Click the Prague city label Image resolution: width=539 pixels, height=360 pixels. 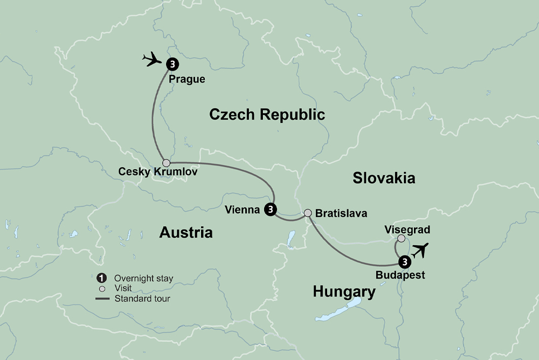(187, 79)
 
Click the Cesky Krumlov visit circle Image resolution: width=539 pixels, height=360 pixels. (167, 163)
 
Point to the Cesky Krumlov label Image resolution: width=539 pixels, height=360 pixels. (150, 173)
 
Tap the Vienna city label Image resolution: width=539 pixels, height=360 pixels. (243, 210)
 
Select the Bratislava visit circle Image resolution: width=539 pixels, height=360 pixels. (308, 213)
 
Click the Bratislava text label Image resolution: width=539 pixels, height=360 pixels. (342, 213)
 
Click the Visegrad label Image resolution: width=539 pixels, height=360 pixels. (407, 230)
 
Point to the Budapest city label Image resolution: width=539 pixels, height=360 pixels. (401, 275)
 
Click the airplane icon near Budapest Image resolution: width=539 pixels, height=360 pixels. (420, 250)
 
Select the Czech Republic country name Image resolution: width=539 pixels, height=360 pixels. (267, 114)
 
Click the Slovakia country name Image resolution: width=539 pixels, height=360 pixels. (384, 178)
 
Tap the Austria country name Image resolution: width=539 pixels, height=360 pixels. (186, 232)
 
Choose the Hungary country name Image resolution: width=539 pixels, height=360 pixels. (344, 292)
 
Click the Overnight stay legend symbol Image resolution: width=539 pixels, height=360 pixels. (101, 278)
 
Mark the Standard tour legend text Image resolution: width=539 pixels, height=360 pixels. (142, 297)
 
